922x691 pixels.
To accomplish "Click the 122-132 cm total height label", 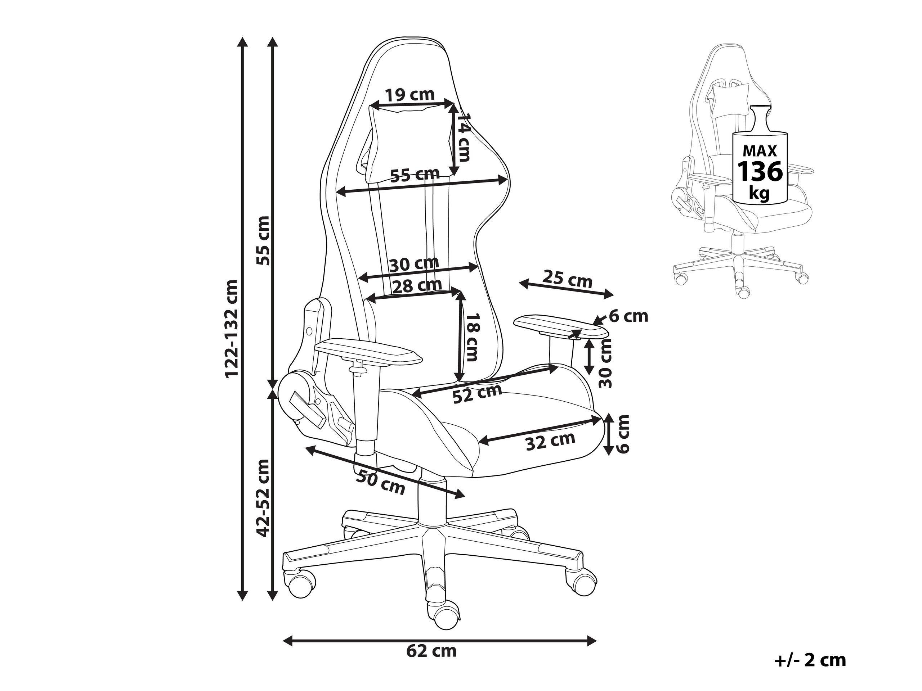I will (232, 329).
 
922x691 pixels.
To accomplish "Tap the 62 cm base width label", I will (431, 651).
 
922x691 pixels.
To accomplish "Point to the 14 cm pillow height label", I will (463, 137).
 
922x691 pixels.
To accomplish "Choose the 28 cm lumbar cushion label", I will (417, 286).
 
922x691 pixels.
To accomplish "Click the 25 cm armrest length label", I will (567, 280).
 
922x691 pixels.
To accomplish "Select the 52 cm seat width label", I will (477, 393).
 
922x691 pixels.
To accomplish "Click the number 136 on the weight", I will (760, 171).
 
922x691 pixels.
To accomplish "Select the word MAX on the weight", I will (760, 150).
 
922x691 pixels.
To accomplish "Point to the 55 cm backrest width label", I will (415, 175).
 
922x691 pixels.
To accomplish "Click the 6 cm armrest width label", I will (628, 317).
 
